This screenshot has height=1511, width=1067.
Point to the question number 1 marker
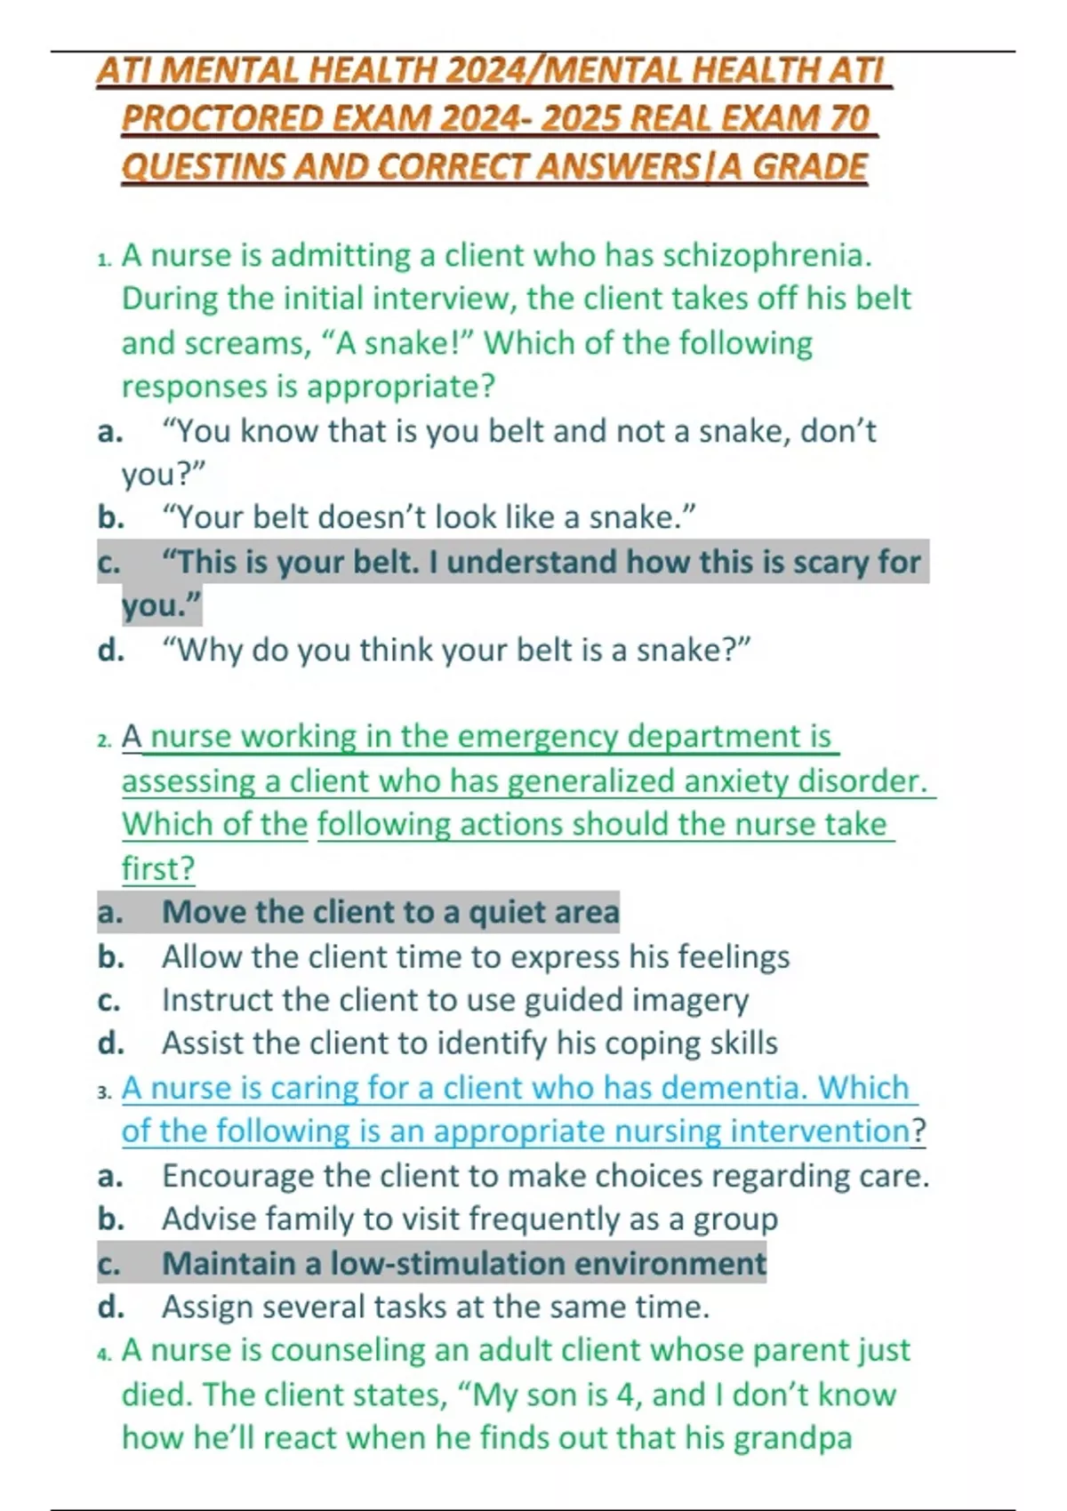click(104, 259)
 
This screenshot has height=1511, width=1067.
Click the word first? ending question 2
click(157, 868)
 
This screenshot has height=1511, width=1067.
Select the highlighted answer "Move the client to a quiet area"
click(390, 913)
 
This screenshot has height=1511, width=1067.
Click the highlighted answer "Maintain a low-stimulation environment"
click(463, 1264)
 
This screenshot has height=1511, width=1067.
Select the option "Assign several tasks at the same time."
click(436, 1307)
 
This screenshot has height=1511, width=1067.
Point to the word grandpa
click(792, 1438)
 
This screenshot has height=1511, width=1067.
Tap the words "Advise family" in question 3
click(257, 1219)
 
